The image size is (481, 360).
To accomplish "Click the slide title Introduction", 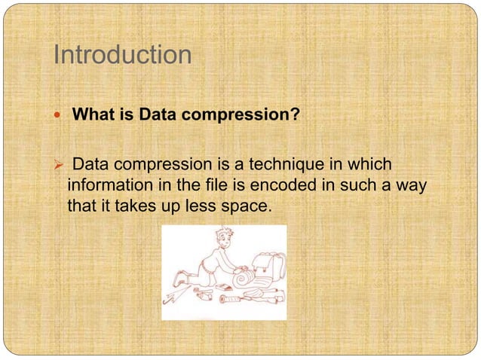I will click(122, 55).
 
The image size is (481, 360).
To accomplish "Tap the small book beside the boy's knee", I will click(224, 287).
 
